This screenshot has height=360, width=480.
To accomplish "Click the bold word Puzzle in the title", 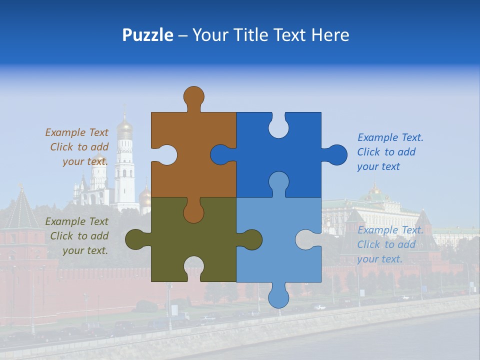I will pyautogui.click(x=147, y=35).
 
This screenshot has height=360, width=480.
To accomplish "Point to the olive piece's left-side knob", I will pyautogui.click(x=136, y=239).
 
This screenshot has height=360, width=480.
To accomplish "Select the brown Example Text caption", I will pyautogui.click(x=77, y=147).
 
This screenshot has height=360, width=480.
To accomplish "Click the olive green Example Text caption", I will pyautogui.click(x=77, y=236).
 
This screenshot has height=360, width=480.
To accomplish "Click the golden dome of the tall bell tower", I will pyautogui.click(x=124, y=129).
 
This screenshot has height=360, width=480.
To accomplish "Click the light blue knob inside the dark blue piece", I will pyautogui.click(x=278, y=182).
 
